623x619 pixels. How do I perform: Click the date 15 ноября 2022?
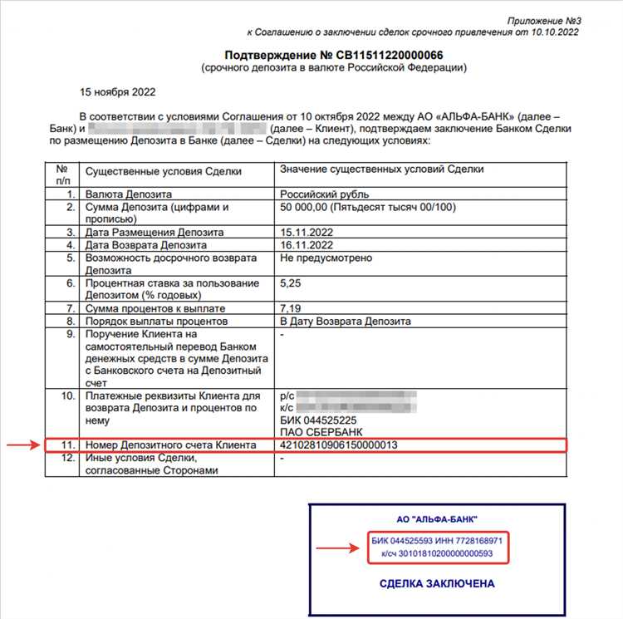pyautogui.click(x=117, y=92)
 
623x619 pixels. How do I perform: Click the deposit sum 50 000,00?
pyautogui.click(x=307, y=206)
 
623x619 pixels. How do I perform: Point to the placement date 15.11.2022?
pyautogui.click(x=307, y=233)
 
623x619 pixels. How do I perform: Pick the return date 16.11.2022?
pyautogui.click(x=307, y=245)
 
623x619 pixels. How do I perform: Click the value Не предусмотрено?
pyautogui.click(x=326, y=258)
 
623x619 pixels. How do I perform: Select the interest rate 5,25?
pyautogui.click(x=292, y=283)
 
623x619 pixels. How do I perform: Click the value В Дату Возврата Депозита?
pyautogui.click(x=345, y=322)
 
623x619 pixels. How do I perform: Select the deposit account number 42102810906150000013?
pyautogui.click(x=339, y=446)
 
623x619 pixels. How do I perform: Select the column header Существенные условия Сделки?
pyautogui.click(x=164, y=170)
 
